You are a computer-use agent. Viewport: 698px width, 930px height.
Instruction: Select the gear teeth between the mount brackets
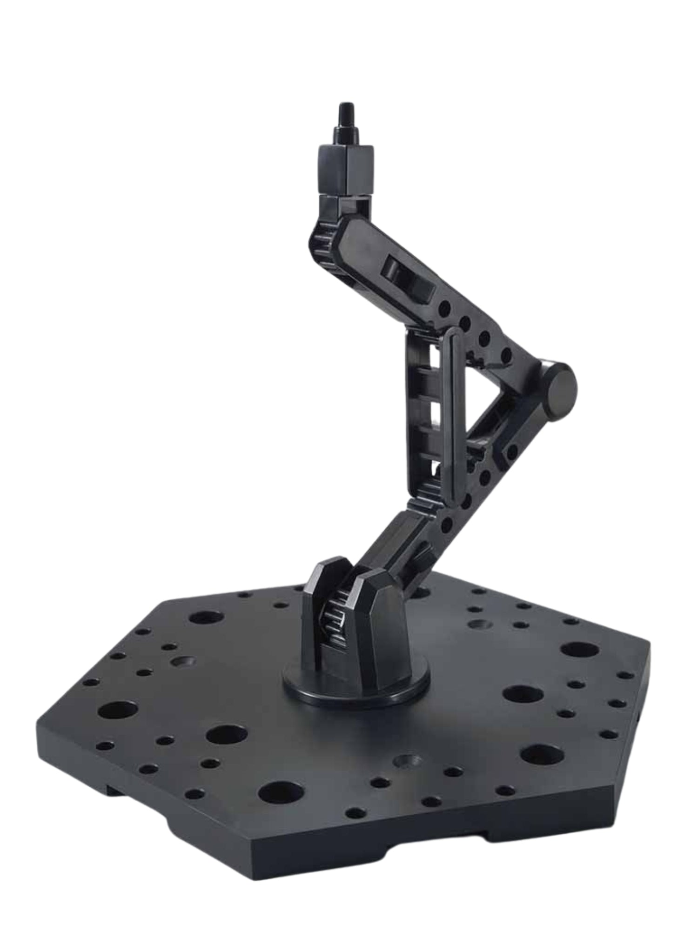(336, 616)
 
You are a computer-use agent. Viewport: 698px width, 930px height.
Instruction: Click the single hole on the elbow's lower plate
(512, 451)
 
